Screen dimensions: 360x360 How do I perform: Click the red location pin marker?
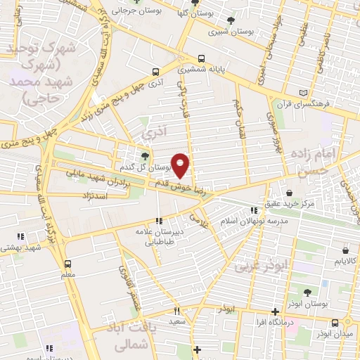coord(181,165)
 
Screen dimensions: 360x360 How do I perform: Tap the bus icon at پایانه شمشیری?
coord(202,59)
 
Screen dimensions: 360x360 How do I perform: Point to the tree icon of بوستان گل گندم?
coord(144,156)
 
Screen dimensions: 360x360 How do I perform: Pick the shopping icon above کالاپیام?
coord(345,250)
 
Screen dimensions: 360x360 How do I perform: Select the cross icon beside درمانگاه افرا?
coord(276,311)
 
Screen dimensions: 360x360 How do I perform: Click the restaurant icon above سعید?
coord(177,310)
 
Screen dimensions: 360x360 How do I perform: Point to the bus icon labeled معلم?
coord(67,264)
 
